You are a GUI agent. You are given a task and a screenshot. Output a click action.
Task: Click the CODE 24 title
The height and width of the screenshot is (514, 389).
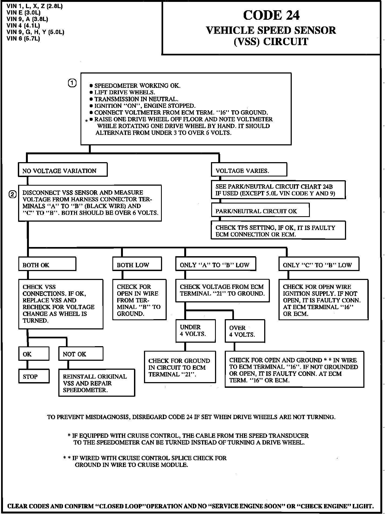point(271,15)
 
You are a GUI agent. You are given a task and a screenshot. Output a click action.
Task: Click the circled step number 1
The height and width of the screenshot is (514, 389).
point(72,84)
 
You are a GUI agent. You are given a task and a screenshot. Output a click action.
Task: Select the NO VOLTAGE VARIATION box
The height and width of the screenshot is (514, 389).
point(62,170)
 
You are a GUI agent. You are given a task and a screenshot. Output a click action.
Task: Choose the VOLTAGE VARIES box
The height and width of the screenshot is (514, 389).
point(249,170)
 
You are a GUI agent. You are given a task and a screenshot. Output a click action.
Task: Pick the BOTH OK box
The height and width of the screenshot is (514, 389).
point(47,264)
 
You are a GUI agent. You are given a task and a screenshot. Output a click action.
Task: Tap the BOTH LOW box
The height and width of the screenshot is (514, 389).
point(137,264)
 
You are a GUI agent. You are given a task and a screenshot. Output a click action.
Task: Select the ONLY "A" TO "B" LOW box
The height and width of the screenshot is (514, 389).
point(216,264)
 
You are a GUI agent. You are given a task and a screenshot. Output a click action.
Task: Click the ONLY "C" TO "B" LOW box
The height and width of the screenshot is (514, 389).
point(319,264)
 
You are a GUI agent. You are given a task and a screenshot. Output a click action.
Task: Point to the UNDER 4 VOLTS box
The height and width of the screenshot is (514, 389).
point(196,331)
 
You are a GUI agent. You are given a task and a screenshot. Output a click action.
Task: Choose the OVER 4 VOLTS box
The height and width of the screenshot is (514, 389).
point(245,331)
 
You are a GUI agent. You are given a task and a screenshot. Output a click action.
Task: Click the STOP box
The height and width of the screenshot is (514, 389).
point(34,376)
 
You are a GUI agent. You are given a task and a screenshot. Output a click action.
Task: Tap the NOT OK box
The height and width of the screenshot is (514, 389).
point(81,354)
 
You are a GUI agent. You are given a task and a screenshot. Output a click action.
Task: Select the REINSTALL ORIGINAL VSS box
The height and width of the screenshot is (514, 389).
point(96,383)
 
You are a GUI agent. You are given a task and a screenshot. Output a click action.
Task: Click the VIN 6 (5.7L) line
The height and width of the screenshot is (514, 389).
point(23,39)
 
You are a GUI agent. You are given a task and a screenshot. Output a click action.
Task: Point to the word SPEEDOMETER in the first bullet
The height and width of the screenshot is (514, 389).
point(116,86)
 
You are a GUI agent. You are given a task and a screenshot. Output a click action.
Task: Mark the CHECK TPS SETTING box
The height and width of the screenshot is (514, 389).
point(278,230)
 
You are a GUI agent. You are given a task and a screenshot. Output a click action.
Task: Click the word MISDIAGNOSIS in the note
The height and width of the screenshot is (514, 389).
point(108,417)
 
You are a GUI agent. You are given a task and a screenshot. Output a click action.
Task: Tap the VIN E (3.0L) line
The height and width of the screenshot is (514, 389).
point(24,12)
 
